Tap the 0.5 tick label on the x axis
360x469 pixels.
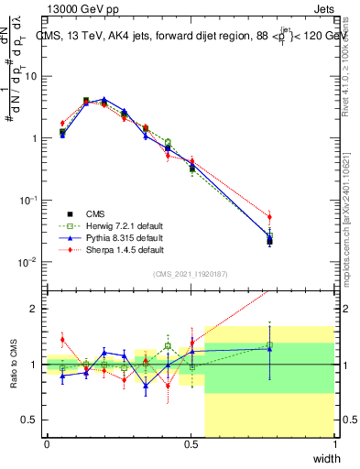[x=191, y=444]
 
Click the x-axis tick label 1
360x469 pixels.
[x=334, y=444]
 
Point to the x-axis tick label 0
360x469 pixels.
[x=47, y=444]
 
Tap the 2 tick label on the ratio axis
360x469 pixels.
[x=35, y=309]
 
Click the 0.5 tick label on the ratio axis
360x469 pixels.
[x=31, y=420]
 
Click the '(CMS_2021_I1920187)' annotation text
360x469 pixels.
[x=191, y=274]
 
